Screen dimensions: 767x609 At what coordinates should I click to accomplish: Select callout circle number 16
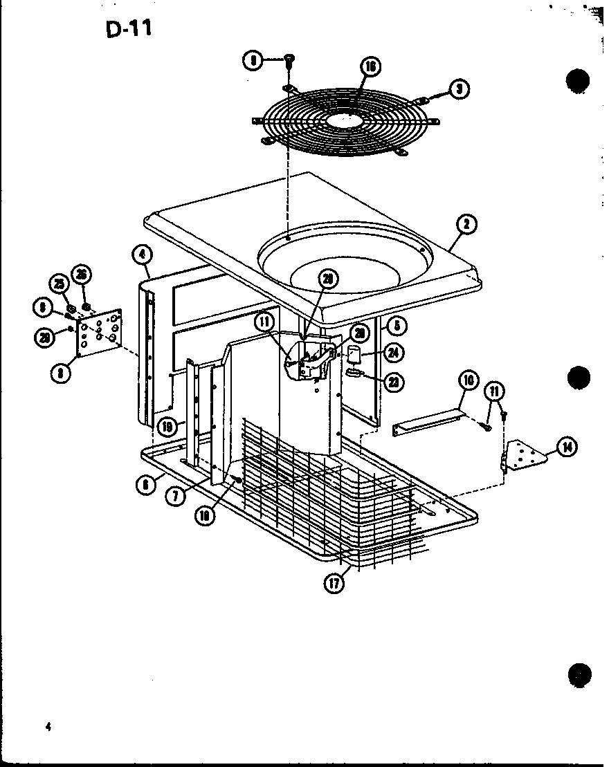[x=370, y=67]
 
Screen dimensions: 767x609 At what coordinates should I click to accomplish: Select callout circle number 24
[x=394, y=352]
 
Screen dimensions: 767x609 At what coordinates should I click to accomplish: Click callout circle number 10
[x=468, y=380]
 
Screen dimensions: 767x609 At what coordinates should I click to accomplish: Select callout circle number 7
[x=179, y=496]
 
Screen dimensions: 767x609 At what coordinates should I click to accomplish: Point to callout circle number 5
[x=397, y=324]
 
